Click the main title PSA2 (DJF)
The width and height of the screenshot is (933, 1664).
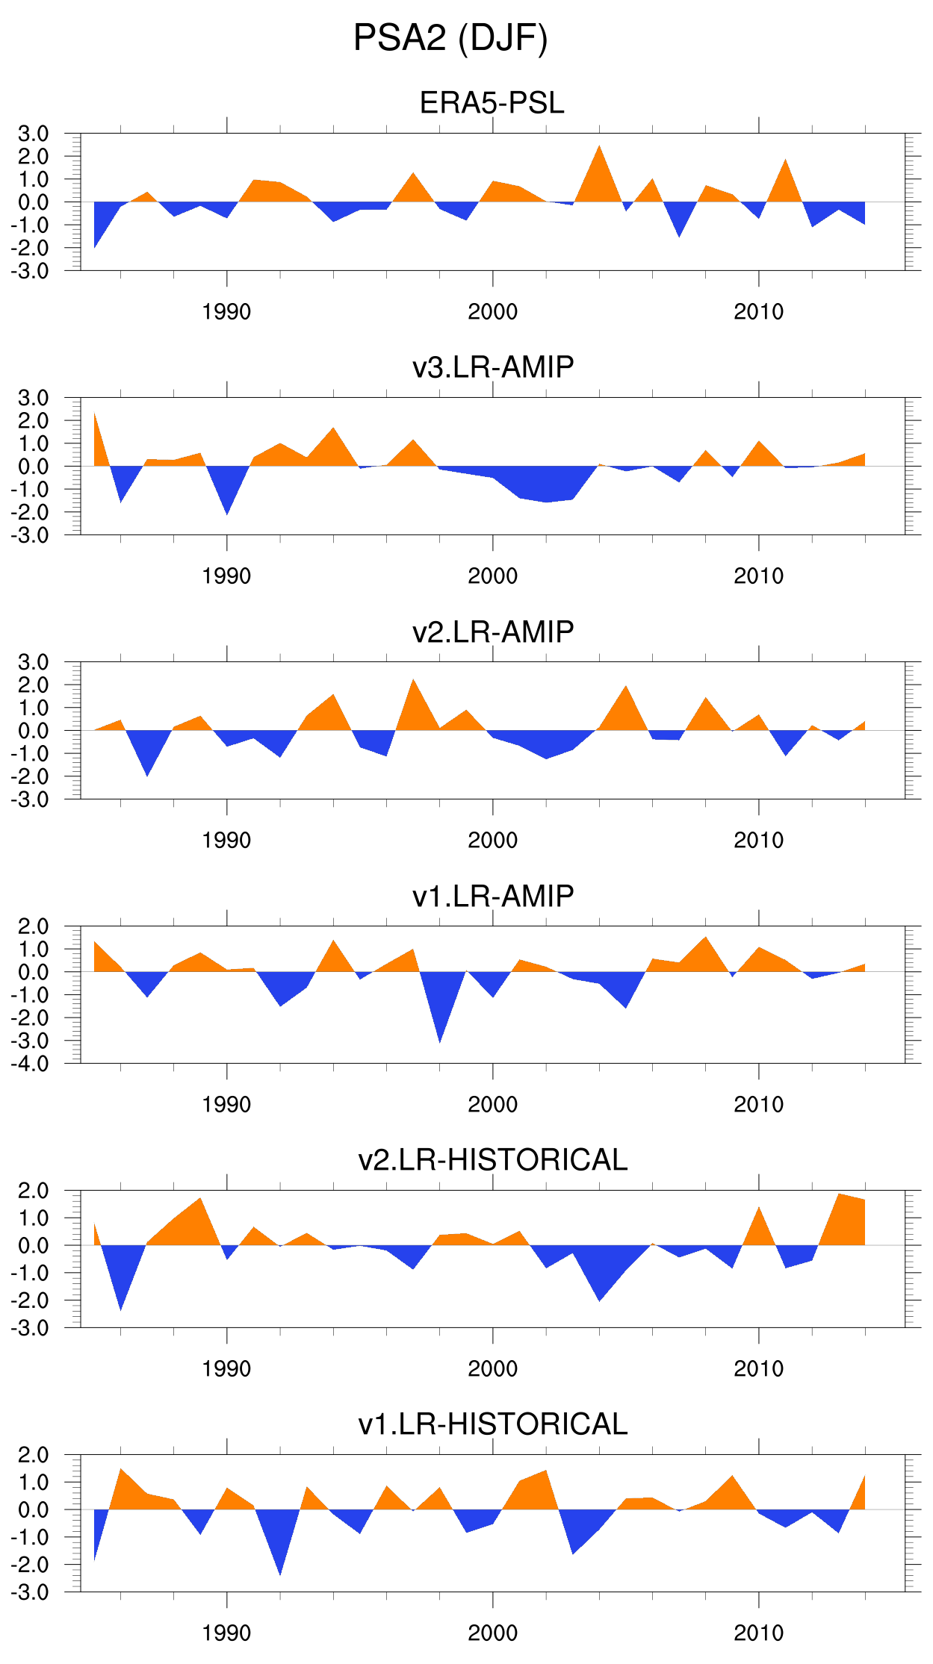450,38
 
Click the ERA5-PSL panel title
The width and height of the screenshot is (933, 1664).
492,103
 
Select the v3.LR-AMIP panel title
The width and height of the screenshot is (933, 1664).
492,367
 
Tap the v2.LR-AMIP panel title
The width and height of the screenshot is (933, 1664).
492,632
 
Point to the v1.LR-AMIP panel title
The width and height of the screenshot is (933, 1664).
492,896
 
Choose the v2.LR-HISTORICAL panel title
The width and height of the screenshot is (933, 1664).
492,1160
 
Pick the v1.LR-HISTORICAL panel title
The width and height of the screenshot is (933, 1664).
492,1424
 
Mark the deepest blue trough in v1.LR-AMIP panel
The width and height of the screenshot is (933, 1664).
440,1040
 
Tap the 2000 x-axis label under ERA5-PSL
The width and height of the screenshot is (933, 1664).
492,312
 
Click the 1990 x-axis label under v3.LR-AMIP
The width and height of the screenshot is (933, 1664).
226,576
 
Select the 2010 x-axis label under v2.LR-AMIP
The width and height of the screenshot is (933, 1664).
758,841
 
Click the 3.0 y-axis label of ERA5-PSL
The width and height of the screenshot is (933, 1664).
33,134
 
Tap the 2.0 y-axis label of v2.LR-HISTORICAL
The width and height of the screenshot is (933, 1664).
33,1191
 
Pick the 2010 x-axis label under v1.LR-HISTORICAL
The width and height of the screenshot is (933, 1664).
758,1633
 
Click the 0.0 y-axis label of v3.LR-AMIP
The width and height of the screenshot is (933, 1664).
33,467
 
